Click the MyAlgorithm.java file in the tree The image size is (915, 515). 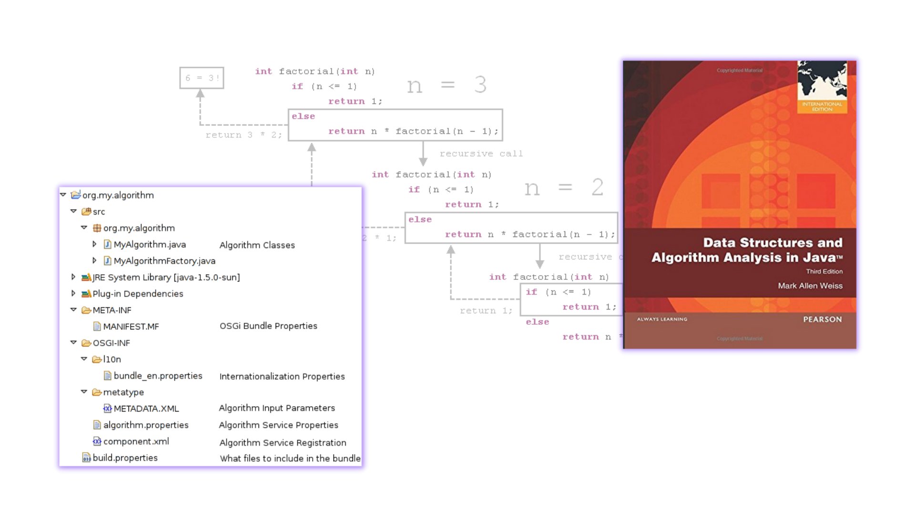149,245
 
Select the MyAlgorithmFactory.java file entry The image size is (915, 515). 164,261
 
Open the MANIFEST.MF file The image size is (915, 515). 131,327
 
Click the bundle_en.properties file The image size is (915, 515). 157,376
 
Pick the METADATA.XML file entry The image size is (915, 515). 146,409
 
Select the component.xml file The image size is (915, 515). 135,442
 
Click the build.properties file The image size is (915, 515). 124,458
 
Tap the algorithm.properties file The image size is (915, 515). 145,425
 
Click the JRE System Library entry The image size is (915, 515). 165,278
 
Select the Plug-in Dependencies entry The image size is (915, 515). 137,294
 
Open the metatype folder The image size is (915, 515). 123,392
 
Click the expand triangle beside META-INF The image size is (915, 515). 73,310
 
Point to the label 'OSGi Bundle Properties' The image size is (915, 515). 268,326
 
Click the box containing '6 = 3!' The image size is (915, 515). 202,78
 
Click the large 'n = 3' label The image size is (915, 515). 447,85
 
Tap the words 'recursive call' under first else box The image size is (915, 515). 481,154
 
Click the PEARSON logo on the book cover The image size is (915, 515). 822,319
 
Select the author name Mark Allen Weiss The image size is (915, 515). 810,286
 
